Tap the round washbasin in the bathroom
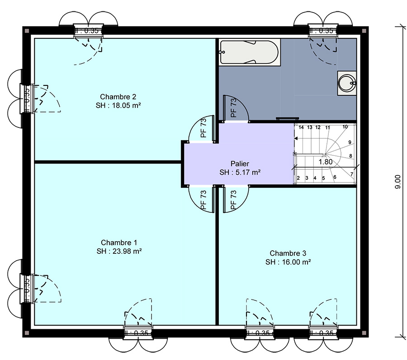[347, 83]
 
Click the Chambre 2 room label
[118, 97]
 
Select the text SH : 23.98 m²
[119, 251]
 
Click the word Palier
[240, 164]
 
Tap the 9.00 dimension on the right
[398, 181]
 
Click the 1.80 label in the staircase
[326, 161]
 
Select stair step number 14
[301, 127]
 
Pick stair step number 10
[345, 127]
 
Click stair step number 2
[298, 178]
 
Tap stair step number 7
[351, 174]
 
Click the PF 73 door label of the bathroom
[233, 108]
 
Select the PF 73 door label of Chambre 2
[203, 128]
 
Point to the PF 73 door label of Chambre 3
[233, 200]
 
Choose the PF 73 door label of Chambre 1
[203, 200]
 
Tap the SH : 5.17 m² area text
[240, 173]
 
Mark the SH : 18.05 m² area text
[118, 105]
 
